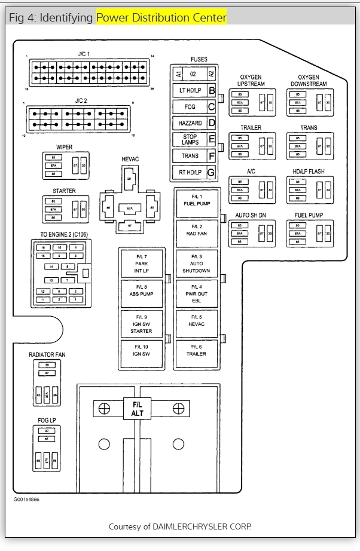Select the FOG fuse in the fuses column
coord(190,107)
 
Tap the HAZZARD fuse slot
coord(190,123)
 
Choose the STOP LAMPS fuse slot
coord(190,139)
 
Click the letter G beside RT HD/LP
coord(210,172)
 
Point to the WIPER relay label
coord(65,147)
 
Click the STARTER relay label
coord(64,191)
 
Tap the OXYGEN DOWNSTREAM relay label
coord(309,81)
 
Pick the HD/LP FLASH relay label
coord(309,172)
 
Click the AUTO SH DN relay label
coord(251,215)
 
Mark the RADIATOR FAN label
coord(47,355)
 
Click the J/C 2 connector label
coord(81,101)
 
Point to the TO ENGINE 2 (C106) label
coord(64,235)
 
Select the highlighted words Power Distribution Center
coord(161,18)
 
